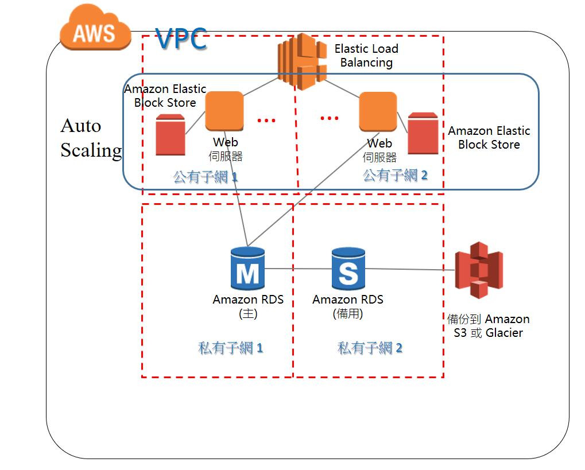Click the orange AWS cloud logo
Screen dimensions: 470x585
click(94, 30)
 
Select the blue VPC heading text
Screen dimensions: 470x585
click(181, 40)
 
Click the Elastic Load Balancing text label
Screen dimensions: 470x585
click(366, 56)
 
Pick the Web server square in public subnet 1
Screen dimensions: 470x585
click(224, 111)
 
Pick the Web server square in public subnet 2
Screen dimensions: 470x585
click(378, 111)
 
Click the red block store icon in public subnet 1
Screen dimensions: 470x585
click(170, 135)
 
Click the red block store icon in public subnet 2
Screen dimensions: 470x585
click(423, 134)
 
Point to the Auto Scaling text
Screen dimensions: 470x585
click(91, 138)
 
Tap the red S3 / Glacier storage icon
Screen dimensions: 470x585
click(478, 270)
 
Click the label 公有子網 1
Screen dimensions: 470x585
click(206, 177)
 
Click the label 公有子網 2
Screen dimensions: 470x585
click(396, 176)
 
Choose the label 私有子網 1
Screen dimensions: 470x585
click(231, 348)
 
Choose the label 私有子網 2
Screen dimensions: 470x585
click(370, 348)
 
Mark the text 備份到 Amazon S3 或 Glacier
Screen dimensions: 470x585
click(488, 326)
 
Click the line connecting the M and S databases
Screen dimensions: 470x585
click(298, 269)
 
